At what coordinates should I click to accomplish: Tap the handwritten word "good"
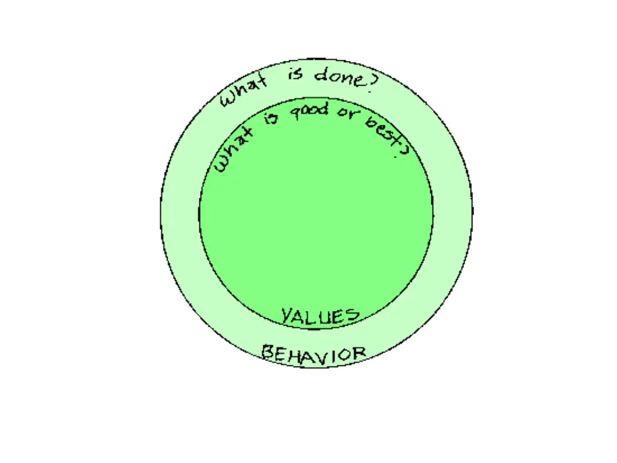click(310, 111)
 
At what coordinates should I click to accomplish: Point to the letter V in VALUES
click(287, 314)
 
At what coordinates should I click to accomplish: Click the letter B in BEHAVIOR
click(268, 351)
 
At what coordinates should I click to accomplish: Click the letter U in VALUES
click(326, 317)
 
